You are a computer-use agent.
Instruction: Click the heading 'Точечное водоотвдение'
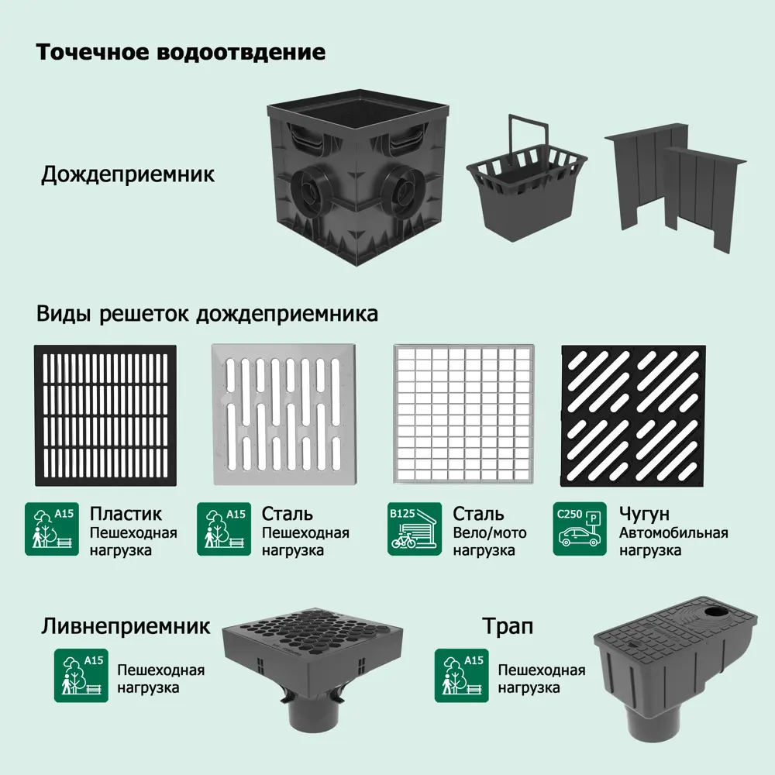coord(181,53)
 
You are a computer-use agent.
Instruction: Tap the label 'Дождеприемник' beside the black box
coord(128,174)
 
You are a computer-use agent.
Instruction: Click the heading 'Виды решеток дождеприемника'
coord(207,315)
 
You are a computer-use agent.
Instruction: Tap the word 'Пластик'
coord(126,514)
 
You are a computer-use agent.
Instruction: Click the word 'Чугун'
coord(644,514)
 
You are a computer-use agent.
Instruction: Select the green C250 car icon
coord(580,529)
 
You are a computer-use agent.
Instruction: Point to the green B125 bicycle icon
coord(415,529)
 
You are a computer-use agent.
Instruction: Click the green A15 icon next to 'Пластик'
coord(52,529)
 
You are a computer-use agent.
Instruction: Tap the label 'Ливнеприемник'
coord(126,625)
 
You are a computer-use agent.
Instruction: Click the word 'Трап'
coord(508,625)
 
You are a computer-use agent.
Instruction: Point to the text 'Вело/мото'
coord(490,533)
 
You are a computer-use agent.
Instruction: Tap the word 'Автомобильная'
coord(673,533)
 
